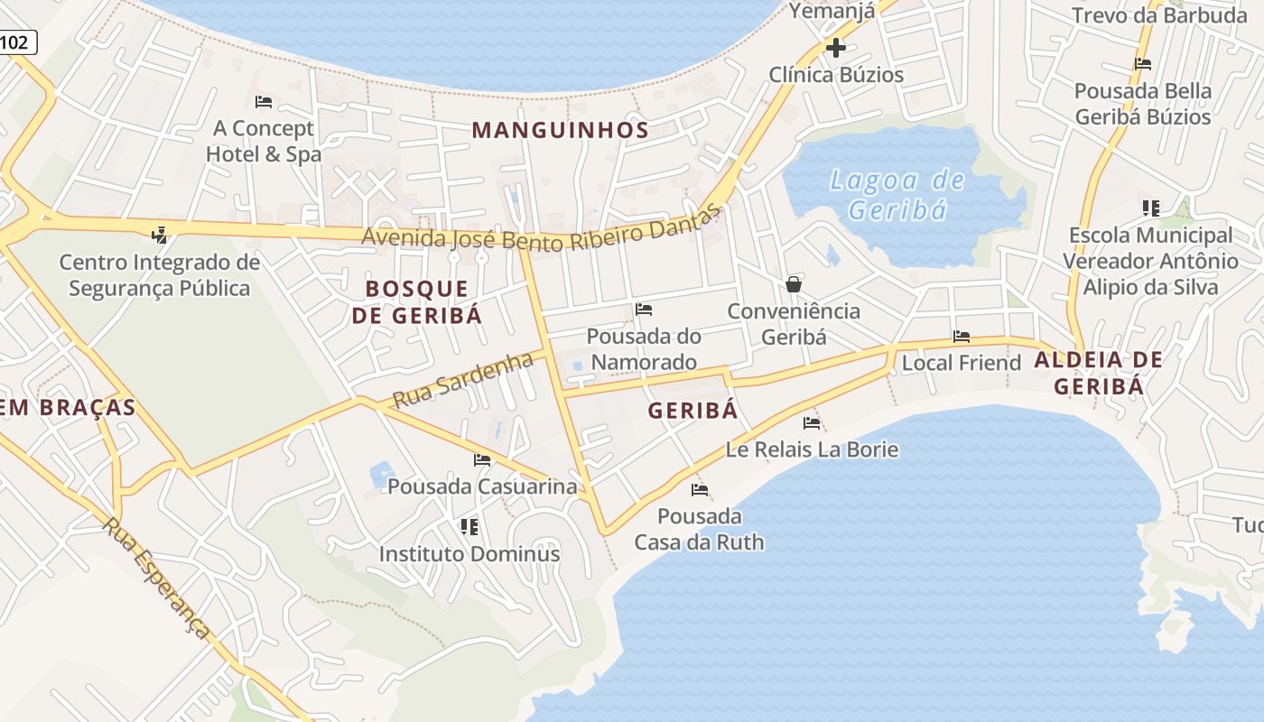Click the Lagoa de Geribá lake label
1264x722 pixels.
coord(897,195)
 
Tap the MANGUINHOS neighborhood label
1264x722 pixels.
coord(560,130)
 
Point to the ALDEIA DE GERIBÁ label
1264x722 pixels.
coord(1099,373)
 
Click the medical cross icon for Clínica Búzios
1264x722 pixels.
coord(836,48)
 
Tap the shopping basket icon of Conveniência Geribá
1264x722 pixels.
coord(794,284)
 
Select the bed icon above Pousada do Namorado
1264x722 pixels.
coord(644,310)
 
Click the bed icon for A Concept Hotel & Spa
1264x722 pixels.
coord(264,102)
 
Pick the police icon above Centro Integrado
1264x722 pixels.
coord(160,236)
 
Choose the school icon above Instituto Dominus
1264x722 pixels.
coord(469,526)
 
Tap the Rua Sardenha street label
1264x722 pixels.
coord(463,380)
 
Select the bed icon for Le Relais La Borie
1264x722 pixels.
coord(812,422)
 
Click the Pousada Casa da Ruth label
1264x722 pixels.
coord(699,529)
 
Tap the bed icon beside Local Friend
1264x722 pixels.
coord(962,337)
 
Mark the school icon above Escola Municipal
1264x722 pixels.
coord(1150,208)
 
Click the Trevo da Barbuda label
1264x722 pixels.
coord(1158,15)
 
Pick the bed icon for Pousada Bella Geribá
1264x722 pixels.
coord(1143,64)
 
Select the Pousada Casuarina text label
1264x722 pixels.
coord(482,486)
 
